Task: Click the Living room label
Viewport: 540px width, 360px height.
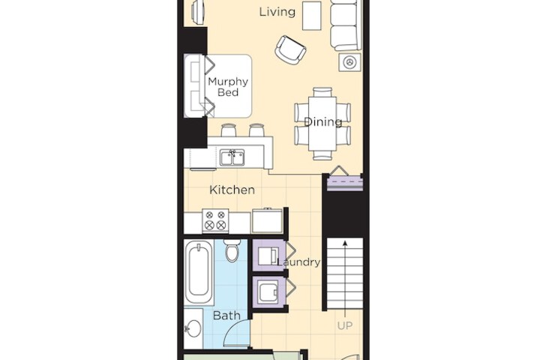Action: (x=277, y=12)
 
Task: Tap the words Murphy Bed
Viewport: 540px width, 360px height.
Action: (x=228, y=87)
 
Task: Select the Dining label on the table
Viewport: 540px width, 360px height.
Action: (x=323, y=121)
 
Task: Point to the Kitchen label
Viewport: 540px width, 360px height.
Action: (x=232, y=190)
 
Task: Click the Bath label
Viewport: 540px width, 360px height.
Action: (x=226, y=315)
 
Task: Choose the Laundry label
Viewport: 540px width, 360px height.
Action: (x=298, y=262)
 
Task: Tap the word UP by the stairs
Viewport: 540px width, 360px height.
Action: (x=345, y=325)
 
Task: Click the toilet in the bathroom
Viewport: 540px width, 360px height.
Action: (x=232, y=250)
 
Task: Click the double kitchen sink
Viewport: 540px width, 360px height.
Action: (x=232, y=157)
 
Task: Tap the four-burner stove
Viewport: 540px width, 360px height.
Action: (x=215, y=220)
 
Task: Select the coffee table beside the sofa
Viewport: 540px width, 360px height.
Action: (x=312, y=16)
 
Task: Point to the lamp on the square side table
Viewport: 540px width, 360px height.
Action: (x=349, y=62)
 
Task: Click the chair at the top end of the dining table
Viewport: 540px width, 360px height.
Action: (x=322, y=92)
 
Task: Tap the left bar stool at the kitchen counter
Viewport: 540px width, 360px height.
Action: (x=228, y=130)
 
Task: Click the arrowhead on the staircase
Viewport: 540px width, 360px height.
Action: (x=345, y=244)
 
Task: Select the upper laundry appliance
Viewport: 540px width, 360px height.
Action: (x=268, y=255)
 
